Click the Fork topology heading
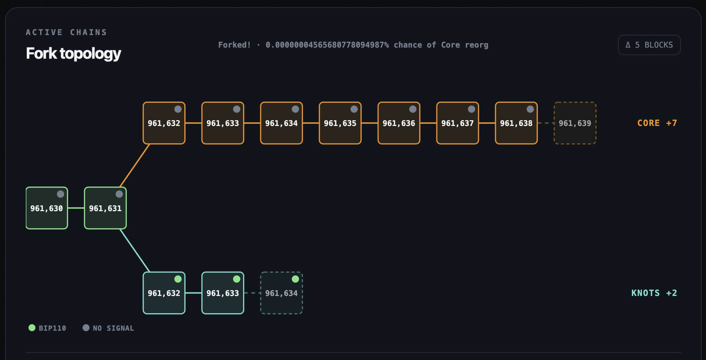click(x=73, y=53)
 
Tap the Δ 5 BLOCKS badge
click(x=649, y=45)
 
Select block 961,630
click(x=47, y=208)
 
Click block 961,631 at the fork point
click(x=105, y=208)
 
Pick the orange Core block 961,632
click(x=164, y=123)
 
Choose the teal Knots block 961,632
click(x=164, y=293)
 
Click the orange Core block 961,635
click(x=340, y=123)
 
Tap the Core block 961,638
click(x=516, y=123)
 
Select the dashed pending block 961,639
click(x=575, y=123)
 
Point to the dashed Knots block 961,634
click(x=281, y=293)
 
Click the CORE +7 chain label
click(x=657, y=123)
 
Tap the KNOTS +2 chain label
click(x=654, y=293)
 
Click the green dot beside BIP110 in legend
click(x=32, y=328)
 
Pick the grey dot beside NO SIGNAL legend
click(x=86, y=328)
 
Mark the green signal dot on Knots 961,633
click(x=237, y=279)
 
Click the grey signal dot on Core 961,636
click(x=413, y=109)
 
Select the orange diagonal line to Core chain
click(x=135, y=166)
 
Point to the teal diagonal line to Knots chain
click(x=135, y=250)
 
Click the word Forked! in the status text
click(x=234, y=45)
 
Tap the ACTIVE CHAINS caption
click(x=66, y=32)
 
